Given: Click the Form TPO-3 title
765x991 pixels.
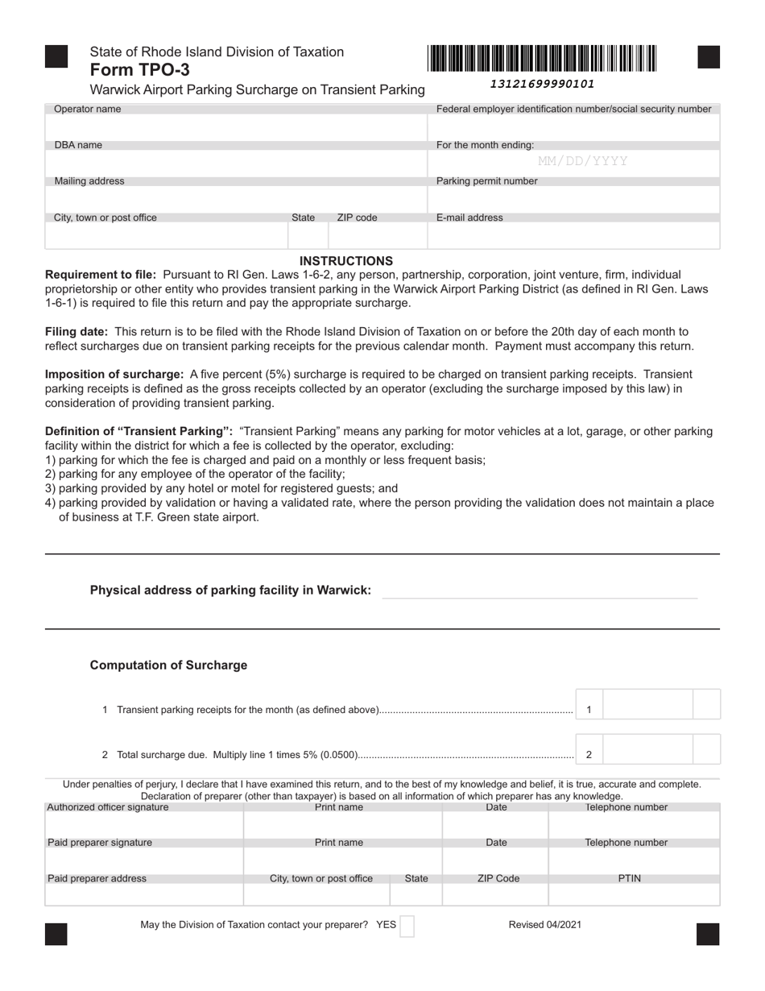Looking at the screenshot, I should tap(140, 70).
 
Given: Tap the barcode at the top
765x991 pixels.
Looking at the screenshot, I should tap(542, 60).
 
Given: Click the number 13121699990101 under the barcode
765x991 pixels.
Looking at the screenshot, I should tap(542, 84).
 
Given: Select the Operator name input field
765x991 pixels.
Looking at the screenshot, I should tap(236, 127).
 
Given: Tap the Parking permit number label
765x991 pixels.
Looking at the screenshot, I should tap(486, 181).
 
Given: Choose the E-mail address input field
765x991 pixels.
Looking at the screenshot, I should tap(573, 235).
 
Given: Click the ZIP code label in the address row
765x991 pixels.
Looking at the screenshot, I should tap(357, 218).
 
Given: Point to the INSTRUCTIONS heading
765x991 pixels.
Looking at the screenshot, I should tap(346, 261).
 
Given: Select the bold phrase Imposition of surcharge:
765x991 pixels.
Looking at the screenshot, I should tap(114, 375).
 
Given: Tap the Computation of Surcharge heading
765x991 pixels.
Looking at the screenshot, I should tap(168, 666).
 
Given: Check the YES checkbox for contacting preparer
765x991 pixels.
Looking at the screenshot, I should tap(407, 926).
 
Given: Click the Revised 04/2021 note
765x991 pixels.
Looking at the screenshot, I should tap(544, 925).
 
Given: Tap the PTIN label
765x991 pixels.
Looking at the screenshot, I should tap(629, 879).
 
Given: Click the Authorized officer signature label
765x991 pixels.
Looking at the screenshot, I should tap(108, 807).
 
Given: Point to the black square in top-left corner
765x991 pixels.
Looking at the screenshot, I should tap(56, 57).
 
